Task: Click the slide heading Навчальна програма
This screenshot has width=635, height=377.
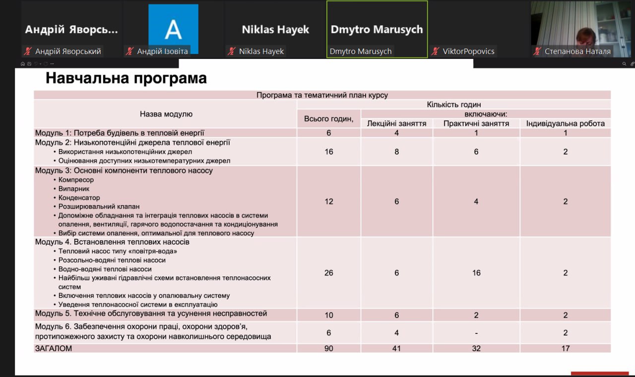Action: pos(126,78)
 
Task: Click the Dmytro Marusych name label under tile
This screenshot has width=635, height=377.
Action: pos(361,51)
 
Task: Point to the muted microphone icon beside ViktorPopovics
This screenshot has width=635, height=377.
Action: pos(436,51)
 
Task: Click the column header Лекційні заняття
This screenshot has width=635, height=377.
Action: pos(396,123)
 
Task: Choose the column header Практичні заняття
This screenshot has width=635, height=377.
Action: pos(476,123)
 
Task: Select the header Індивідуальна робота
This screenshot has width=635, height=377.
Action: pos(565,123)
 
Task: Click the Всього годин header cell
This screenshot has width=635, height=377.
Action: pos(329,118)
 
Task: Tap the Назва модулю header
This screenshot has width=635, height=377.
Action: pos(166,114)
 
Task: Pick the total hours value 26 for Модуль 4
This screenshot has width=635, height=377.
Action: pos(329,273)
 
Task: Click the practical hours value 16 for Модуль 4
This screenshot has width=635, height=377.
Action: pos(476,273)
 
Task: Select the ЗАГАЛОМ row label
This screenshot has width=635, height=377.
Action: pos(54,348)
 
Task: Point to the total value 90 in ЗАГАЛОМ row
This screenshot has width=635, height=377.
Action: pos(329,348)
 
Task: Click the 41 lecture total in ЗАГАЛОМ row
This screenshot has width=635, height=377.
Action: pos(396,348)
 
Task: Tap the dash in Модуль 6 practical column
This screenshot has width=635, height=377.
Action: pos(476,333)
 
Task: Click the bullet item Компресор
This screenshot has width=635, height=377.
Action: pos(76,180)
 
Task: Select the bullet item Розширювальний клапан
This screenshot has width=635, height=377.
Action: pos(99,206)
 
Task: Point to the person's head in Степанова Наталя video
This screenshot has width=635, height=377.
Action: pos(585,36)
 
